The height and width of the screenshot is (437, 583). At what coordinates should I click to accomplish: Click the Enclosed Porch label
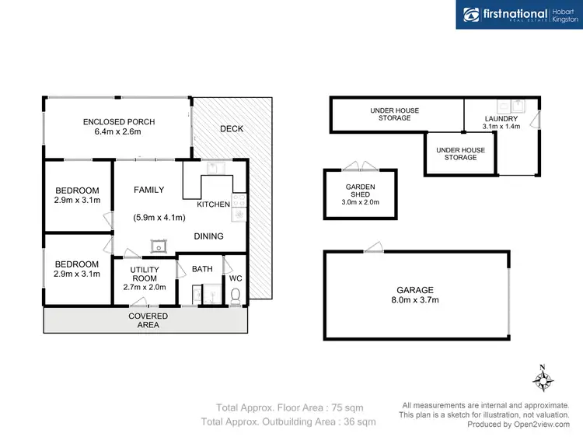tap(119, 122)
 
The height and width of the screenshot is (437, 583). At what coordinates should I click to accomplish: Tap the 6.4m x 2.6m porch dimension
tap(119, 133)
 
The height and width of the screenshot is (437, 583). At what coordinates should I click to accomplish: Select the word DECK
tap(231, 129)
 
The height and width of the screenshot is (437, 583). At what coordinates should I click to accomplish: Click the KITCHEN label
tap(213, 205)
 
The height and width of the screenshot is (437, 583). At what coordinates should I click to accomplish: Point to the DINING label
tap(208, 236)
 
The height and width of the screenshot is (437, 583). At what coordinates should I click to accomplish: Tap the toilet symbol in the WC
tap(235, 295)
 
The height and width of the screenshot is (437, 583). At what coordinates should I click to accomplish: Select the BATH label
tap(202, 269)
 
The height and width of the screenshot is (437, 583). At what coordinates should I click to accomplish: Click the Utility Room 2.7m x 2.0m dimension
tap(145, 287)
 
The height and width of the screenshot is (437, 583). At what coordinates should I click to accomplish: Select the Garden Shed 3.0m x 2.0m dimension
tap(360, 202)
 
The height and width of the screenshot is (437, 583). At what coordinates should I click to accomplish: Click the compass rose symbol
tap(543, 380)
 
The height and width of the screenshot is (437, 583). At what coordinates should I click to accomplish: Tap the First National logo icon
tap(471, 15)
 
